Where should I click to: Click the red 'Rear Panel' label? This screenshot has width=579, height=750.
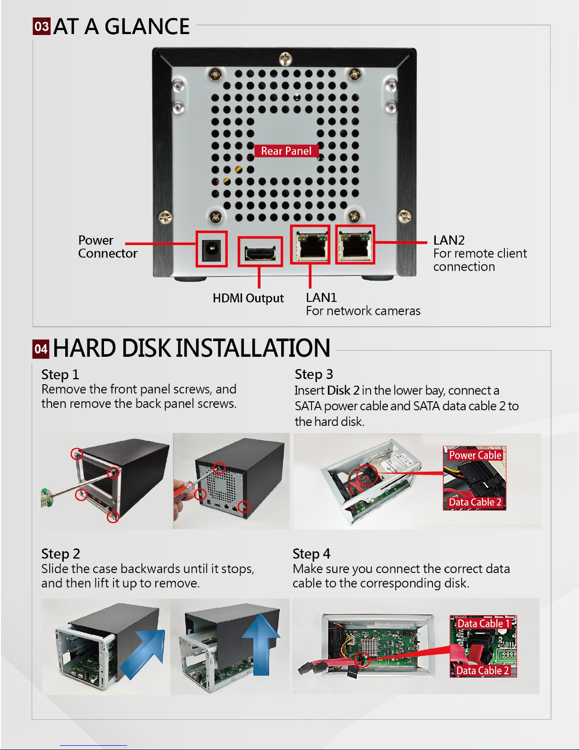click(286, 151)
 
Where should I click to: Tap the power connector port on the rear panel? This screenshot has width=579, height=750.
click(211, 249)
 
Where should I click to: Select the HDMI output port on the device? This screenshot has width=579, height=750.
click(259, 252)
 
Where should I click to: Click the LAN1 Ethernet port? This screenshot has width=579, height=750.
click(310, 245)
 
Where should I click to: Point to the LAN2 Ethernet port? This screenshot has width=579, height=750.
click(355, 245)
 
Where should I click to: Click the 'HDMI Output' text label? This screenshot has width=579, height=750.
click(248, 298)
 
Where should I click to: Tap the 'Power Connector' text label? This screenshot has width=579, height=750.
click(107, 247)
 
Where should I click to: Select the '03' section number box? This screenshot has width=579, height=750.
click(42, 26)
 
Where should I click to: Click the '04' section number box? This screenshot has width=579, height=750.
click(41, 349)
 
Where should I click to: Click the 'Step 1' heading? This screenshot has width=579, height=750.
click(60, 375)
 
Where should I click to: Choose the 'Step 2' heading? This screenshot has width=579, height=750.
click(60, 554)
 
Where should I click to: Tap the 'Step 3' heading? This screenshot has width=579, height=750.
click(314, 374)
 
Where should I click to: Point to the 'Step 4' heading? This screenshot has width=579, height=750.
click(311, 554)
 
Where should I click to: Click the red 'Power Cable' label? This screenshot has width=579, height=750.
click(475, 455)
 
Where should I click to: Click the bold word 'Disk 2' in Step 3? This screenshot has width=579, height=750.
click(343, 390)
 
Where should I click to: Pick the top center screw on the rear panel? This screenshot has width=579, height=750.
click(285, 59)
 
